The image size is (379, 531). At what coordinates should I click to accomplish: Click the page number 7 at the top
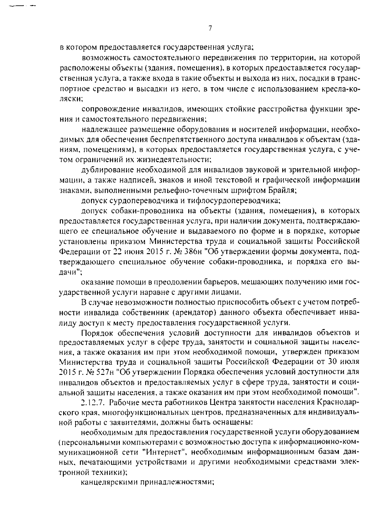[x=210, y=28]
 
